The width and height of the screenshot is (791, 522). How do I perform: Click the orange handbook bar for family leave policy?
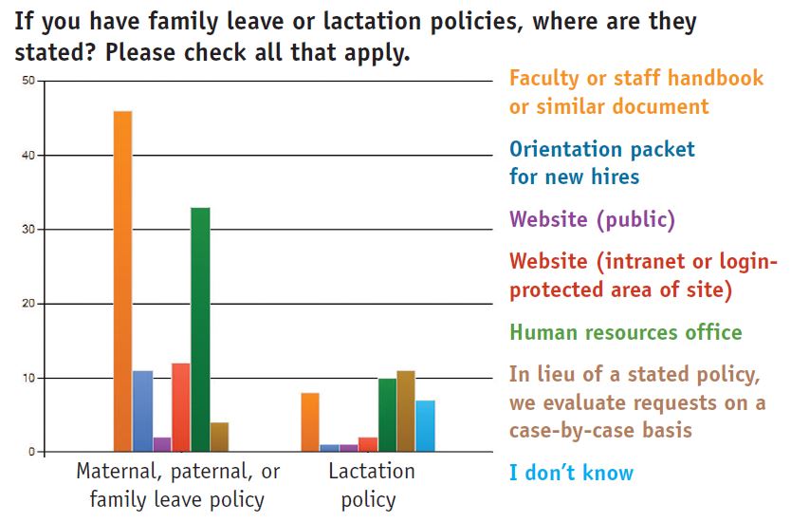click(x=122, y=281)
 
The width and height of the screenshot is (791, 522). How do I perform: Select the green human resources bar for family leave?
click(x=200, y=329)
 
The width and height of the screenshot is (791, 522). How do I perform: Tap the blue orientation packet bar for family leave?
click(x=143, y=411)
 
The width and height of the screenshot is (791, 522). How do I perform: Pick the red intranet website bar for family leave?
click(x=180, y=407)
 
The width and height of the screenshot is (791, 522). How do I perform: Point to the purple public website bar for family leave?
click(x=162, y=444)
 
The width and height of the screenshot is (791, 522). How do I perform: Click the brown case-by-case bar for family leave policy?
click(x=219, y=437)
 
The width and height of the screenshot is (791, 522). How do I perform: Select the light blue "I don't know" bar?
click(x=425, y=425)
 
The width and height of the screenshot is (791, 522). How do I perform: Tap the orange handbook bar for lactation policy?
click(x=310, y=422)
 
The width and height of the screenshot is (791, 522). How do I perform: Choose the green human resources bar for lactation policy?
click(x=387, y=415)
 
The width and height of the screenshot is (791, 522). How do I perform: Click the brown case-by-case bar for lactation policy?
click(x=406, y=411)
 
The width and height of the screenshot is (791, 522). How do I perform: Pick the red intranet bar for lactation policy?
click(x=368, y=444)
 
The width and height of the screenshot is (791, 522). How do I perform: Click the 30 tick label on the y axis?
click(x=28, y=229)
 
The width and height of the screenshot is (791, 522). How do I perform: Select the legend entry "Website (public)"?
click(x=592, y=219)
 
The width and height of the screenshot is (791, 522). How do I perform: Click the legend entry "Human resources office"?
click(x=626, y=332)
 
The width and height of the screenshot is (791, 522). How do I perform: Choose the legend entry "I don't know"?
click(x=571, y=473)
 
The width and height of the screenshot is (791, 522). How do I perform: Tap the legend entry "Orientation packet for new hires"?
click(x=602, y=163)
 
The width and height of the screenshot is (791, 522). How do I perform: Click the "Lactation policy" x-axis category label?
click(x=371, y=485)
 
